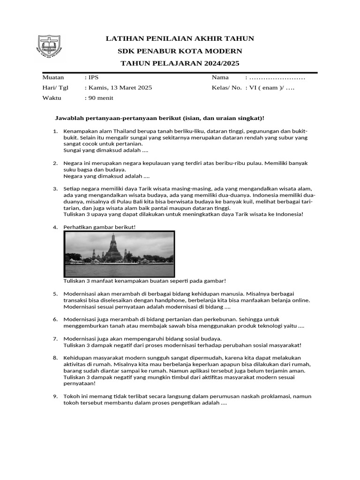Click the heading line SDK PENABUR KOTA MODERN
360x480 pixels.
(180, 51)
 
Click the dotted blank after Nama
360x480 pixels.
(277, 77)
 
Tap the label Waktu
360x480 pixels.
(52, 98)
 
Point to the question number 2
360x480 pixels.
(55, 163)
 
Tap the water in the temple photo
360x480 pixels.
(119, 270)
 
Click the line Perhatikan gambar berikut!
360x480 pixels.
(100, 227)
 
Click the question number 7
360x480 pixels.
(55, 338)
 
